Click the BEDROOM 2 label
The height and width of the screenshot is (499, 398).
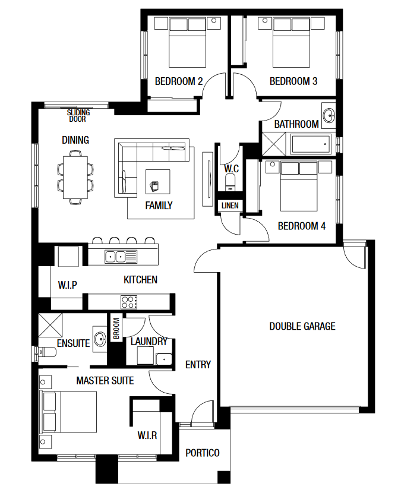[x=179, y=81]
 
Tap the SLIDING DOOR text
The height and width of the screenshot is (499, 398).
[x=78, y=115]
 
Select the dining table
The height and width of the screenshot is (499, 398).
[x=75, y=177]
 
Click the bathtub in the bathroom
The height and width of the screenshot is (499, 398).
[x=311, y=144]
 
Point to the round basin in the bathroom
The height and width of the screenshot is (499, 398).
[x=328, y=115]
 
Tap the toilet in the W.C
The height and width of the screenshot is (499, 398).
[x=230, y=183]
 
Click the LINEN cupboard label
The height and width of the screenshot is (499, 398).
[x=230, y=206]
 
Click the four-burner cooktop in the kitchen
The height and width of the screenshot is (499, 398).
[x=129, y=302]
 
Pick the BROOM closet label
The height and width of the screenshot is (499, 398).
[x=116, y=329]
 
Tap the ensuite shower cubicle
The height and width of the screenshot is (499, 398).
[x=50, y=325]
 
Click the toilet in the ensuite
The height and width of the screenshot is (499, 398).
[x=47, y=352]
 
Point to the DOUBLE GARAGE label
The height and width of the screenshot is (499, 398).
[x=302, y=326]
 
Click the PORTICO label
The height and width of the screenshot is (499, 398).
[x=203, y=453]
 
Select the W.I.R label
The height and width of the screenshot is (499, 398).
[x=147, y=435]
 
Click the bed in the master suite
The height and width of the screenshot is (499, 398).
[x=68, y=412]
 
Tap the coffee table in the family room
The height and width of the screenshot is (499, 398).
[x=158, y=182]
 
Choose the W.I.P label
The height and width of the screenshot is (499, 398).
[x=68, y=285]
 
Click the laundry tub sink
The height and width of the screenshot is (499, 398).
[x=164, y=359]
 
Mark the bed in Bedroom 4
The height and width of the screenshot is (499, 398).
[x=299, y=187]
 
